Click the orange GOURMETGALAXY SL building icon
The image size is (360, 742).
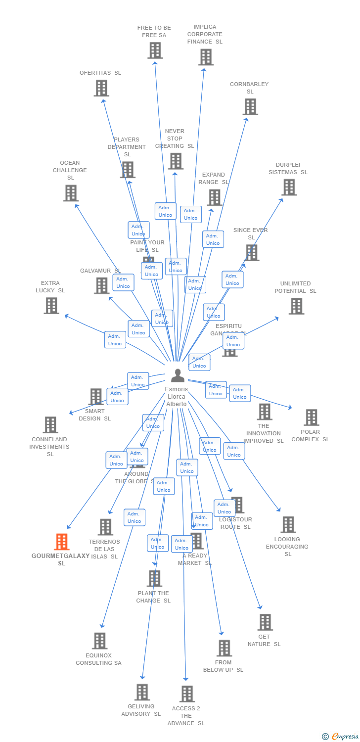(61, 542)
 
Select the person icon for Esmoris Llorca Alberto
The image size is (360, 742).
(178, 376)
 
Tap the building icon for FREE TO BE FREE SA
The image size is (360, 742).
(155, 50)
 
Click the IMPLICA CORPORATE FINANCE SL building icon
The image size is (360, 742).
(206, 57)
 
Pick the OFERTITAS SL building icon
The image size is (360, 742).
(101, 88)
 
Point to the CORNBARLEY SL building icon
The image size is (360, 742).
(250, 106)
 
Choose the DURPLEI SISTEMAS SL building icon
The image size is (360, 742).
(289, 187)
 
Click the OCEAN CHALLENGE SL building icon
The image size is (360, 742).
(71, 193)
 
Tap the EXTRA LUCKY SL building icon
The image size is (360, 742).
(51, 305)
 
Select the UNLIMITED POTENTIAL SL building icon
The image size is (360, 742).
(296, 306)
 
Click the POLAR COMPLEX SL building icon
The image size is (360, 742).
(311, 417)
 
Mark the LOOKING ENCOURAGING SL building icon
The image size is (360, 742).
(288, 524)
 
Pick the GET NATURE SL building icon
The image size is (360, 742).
(265, 622)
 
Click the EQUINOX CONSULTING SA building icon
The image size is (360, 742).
(99, 641)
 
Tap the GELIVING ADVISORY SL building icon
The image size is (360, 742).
(142, 692)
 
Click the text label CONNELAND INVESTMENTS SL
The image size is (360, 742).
(49, 447)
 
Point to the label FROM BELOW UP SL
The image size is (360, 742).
(223, 666)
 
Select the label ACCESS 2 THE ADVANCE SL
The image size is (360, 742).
(186, 716)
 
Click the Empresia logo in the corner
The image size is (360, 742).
(340, 737)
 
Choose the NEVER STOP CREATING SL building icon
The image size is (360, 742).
(176, 161)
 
